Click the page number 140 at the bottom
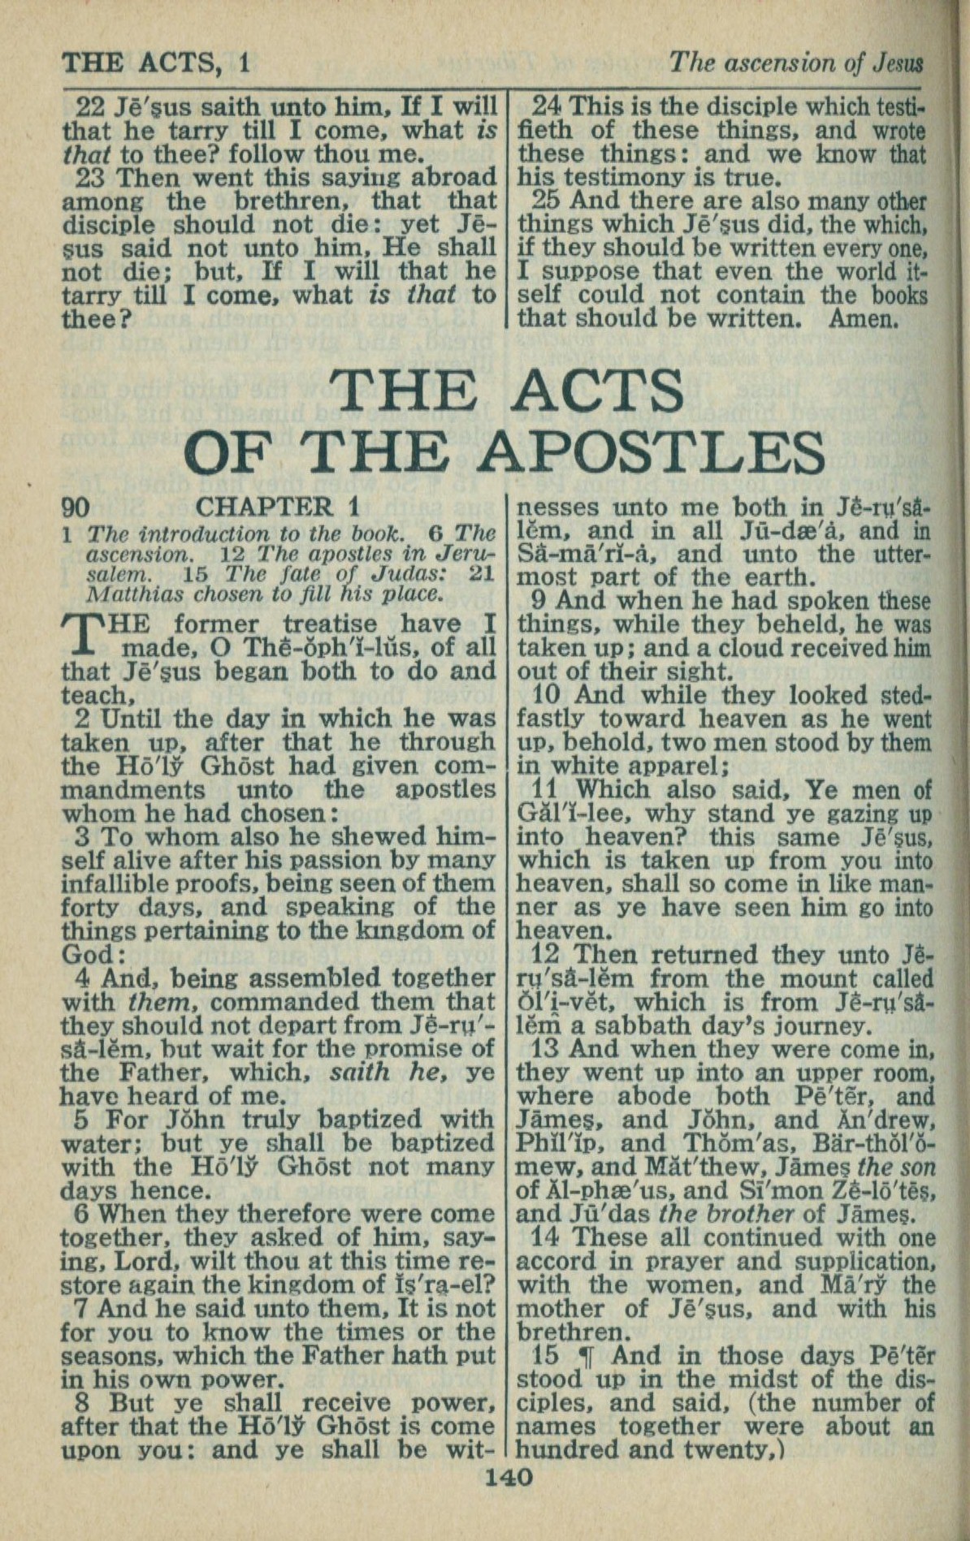pos(508,1476)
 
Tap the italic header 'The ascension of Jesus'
pos(795,63)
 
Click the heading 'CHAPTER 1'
pos(277,507)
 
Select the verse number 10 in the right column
pos(552,696)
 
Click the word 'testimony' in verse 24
pos(617,178)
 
